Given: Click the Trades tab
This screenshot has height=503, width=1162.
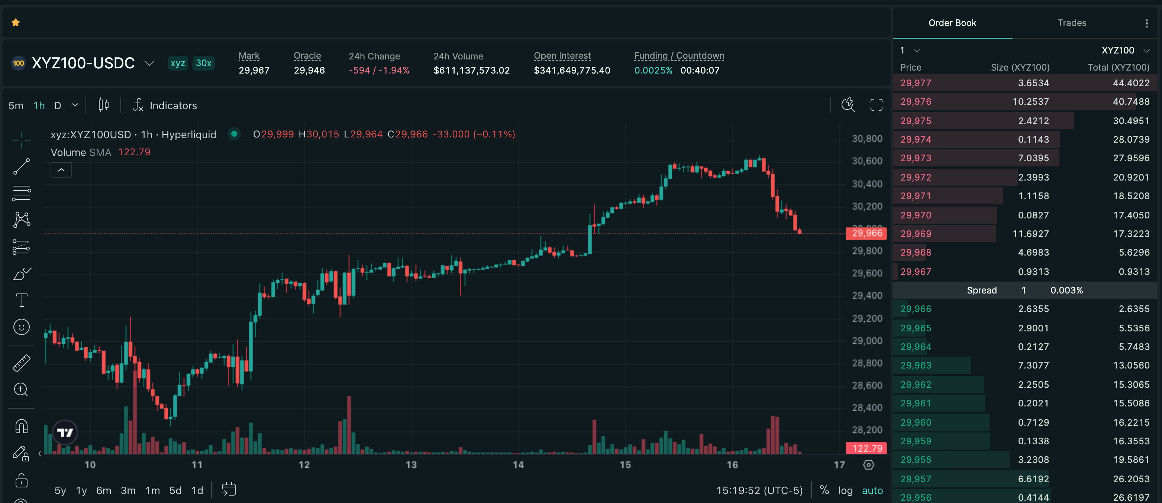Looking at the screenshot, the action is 1072,23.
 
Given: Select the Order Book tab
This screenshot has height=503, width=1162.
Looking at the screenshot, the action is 952,23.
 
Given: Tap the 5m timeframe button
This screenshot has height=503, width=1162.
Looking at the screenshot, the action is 16,106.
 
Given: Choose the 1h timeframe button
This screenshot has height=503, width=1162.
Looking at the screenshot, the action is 39,106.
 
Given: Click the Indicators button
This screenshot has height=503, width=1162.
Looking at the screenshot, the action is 165,106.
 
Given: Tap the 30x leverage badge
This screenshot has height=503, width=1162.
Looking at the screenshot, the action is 203,63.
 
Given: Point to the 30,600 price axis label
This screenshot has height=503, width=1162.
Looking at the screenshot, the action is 867,161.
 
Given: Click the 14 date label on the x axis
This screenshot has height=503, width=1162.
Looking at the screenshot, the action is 518,465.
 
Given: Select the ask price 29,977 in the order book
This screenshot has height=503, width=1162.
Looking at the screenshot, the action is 916,83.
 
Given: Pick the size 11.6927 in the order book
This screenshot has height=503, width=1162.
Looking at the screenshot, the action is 1031,234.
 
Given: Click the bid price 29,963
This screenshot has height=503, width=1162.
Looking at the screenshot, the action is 916,366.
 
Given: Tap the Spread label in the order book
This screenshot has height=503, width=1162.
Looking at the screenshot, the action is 982,290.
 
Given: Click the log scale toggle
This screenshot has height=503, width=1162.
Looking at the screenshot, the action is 845,490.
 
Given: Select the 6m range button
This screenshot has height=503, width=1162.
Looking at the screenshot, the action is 104,490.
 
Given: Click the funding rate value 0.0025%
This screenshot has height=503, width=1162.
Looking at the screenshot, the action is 653,70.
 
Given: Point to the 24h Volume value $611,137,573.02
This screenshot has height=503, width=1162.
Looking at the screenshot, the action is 471,70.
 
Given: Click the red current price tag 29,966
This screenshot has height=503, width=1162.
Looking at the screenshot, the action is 866,233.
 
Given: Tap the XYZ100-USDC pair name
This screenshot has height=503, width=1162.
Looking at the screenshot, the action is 83,63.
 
